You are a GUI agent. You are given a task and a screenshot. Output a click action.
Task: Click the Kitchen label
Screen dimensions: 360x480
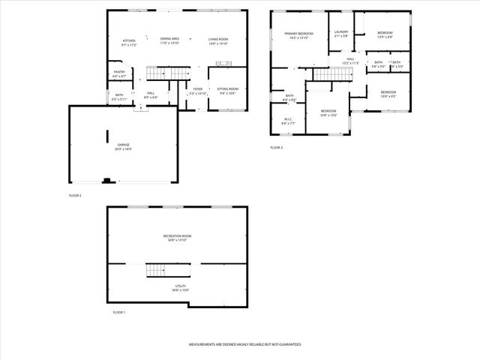click(x=129, y=40)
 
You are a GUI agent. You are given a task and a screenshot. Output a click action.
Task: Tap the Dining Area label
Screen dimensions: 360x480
click(x=169, y=38)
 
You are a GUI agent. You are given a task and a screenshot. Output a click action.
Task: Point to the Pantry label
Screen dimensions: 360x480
click(x=118, y=72)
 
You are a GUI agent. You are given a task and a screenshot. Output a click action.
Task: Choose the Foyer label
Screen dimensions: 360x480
click(x=197, y=88)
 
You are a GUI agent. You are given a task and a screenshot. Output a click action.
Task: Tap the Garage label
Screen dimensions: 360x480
click(x=123, y=145)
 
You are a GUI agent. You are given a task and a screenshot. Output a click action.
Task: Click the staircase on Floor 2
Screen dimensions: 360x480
click(x=160, y=73)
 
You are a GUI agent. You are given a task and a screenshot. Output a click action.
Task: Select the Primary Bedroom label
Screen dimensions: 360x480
click(x=298, y=34)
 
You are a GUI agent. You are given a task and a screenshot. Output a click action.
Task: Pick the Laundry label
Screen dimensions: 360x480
click(x=341, y=32)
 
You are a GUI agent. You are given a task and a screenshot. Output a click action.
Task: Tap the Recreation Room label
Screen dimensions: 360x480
click(x=178, y=236)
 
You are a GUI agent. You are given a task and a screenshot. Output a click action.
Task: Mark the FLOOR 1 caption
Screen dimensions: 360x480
click(x=119, y=312)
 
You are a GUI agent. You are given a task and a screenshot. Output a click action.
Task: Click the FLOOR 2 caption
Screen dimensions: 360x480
click(x=75, y=195)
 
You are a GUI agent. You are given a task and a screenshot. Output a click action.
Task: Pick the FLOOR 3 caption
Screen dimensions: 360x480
click(x=277, y=148)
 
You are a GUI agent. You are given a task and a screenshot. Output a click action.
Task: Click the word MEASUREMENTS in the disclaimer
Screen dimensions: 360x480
click(x=202, y=344)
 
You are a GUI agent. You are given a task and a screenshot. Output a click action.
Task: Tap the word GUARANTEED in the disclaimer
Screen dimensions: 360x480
click(x=289, y=344)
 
